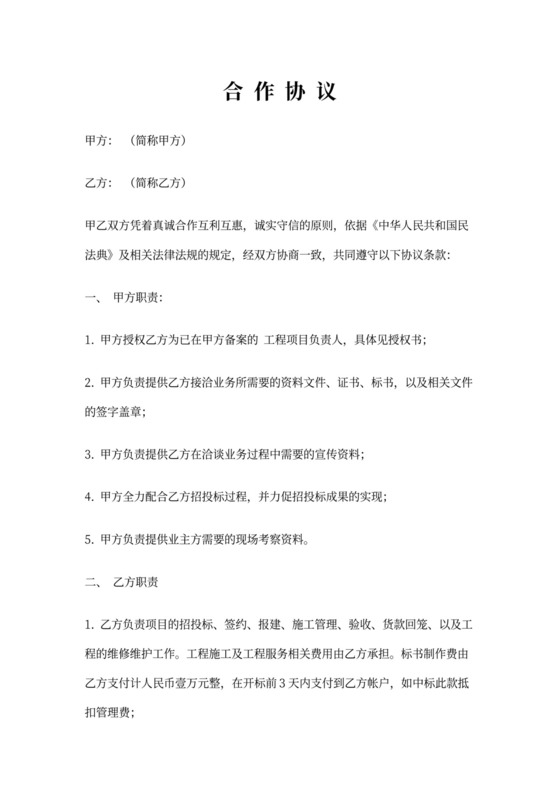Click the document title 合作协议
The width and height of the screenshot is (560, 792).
tap(279, 92)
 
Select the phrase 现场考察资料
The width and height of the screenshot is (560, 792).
tap(279, 540)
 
